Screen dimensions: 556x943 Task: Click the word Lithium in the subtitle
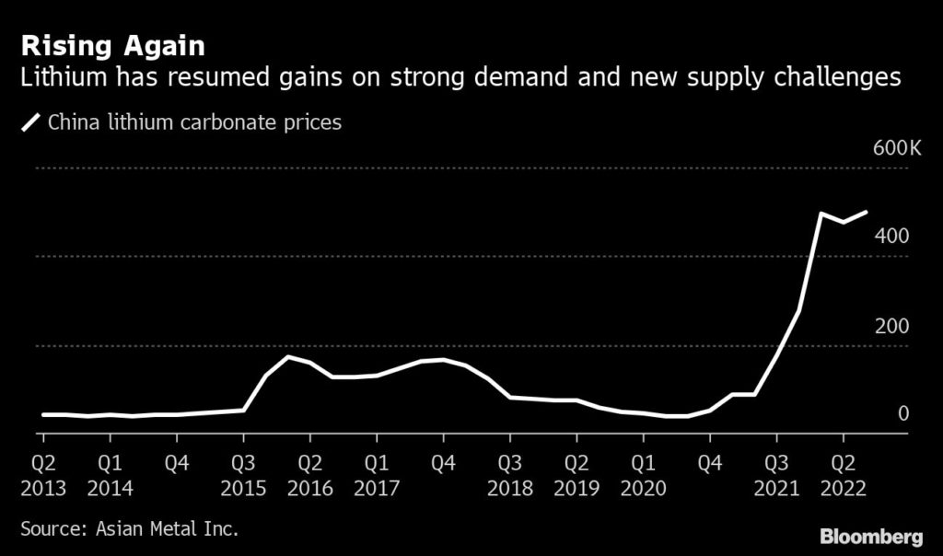(58, 78)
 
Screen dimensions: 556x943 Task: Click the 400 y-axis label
(891, 237)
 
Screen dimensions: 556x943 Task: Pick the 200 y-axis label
(891, 326)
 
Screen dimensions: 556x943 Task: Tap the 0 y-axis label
(903, 414)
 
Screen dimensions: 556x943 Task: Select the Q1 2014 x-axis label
(110, 474)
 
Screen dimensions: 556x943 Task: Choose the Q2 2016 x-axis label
(309, 474)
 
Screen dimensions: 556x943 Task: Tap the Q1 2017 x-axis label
(376, 474)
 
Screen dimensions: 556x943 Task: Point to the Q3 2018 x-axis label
(509, 474)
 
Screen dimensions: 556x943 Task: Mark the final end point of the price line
(867, 212)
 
